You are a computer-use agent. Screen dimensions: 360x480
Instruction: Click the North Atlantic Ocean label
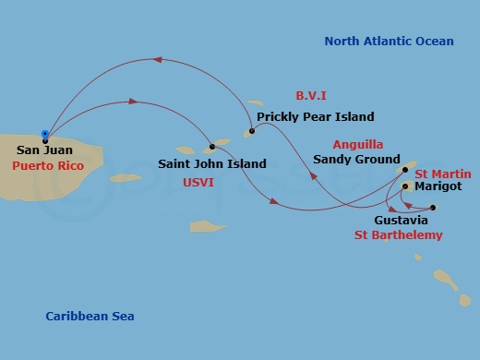click(389, 41)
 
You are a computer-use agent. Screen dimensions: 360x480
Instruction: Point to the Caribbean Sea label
click(90, 317)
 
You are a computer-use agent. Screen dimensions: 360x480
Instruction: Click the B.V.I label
click(312, 96)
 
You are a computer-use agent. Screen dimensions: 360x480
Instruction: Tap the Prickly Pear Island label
click(316, 117)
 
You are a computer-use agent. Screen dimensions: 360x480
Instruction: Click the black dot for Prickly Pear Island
click(250, 132)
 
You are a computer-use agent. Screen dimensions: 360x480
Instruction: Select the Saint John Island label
click(212, 164)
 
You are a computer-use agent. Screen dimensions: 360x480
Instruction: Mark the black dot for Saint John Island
click(212, 146)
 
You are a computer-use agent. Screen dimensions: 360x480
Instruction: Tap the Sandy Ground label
click(356, 159)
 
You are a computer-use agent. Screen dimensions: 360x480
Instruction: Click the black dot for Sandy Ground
click(406, 170)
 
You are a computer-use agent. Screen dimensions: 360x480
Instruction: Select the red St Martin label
click(443, 174)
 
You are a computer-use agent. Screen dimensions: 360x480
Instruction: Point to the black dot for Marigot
click(405, 186)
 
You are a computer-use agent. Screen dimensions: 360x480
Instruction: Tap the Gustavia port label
click(401, 222)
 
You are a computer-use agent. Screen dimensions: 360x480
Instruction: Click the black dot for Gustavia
click(432, 208)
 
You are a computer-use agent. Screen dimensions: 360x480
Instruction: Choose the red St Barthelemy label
click(399, 235)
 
